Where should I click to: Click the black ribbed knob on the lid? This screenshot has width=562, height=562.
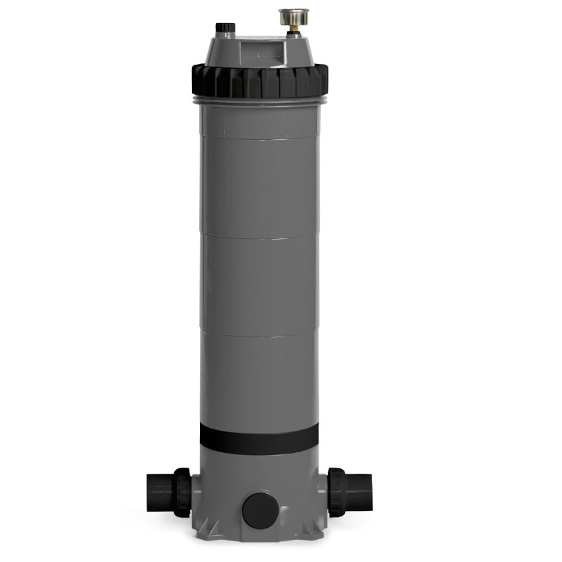tap(225, 28)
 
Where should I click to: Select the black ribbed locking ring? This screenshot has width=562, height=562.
tap(259, 81)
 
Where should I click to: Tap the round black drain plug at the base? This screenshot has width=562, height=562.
tap(259, 510)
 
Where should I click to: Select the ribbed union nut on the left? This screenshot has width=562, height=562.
tap(181, 492)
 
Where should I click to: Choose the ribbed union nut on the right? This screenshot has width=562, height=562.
tap(337, 492)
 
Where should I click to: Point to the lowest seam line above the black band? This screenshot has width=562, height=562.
tap(259, 331)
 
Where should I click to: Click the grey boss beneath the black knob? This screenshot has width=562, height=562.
tap(225, 36)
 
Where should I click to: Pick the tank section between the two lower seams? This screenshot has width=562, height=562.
tap(259, 283)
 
